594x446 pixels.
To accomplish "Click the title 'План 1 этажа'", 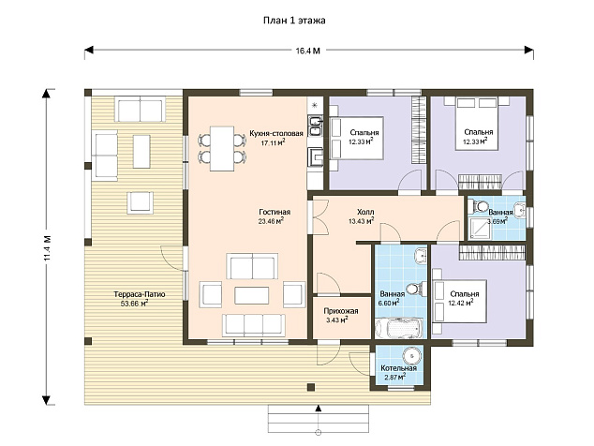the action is [294, 20].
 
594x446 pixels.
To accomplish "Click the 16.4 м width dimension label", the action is [307, 51].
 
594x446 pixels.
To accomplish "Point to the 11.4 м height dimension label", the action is [47, 248].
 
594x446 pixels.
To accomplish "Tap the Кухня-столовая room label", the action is [276, 133].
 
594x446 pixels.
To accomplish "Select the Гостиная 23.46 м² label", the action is [275, 216].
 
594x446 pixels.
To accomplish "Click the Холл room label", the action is [365, 212].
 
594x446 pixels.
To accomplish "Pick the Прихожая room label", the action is [340, 311].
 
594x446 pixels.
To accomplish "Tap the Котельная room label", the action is [398, 368].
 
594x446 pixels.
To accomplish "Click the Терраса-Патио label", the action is [140, 294].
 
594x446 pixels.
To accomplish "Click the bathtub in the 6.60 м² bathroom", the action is [398, 328].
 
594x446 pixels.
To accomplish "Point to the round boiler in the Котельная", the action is [411, 356].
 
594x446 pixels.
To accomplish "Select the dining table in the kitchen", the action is [222, 149].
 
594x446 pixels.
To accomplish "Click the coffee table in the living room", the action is [251, 295].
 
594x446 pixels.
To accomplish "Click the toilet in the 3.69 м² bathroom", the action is [478, 206].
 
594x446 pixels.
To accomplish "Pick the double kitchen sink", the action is [315, 126].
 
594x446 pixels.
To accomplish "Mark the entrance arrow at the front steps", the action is [319, 409].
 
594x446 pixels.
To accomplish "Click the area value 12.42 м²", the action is [461, 303].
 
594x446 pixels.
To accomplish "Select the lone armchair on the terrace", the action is [141, 202].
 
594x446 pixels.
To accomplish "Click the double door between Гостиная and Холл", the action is [319, 216].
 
